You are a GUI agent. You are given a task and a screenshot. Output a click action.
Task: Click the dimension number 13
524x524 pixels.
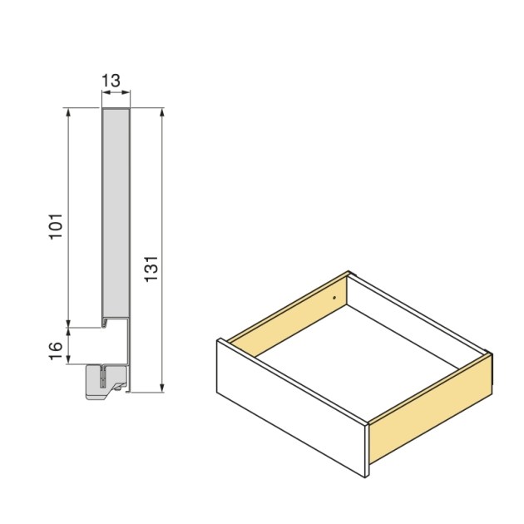coord(111,81)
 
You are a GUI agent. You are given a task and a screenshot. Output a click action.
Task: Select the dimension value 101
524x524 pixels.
coord(56,225)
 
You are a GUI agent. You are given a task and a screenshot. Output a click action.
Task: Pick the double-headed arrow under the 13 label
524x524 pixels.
coord(116,95)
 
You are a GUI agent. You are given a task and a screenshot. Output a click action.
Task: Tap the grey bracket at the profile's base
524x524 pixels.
coord(105,380)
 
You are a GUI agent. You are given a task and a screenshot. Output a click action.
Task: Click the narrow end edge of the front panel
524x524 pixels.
coord(366,450)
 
